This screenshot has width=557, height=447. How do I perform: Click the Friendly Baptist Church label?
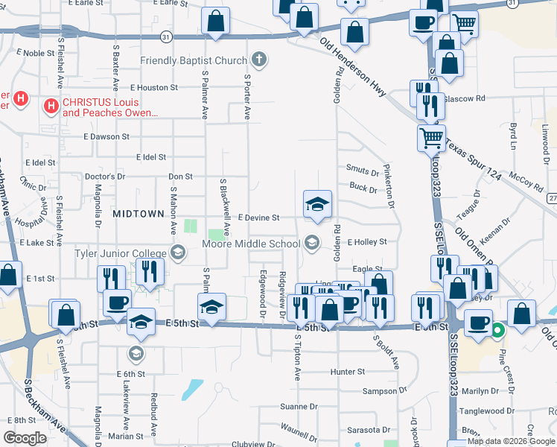click(x=193, y=60)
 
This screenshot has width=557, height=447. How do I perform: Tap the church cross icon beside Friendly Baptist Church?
click(x=259, y=59)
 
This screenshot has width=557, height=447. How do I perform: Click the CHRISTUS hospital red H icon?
click(x=51, y=106)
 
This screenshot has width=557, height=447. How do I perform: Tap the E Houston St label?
click(x=153, y=87)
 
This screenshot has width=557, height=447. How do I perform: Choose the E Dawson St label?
click(x=106, y=137)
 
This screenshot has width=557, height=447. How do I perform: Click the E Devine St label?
click(x=252, y=218)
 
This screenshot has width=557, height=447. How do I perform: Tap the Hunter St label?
click(x=348, y=371)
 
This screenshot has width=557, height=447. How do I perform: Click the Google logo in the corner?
click(x=25, y=438)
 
